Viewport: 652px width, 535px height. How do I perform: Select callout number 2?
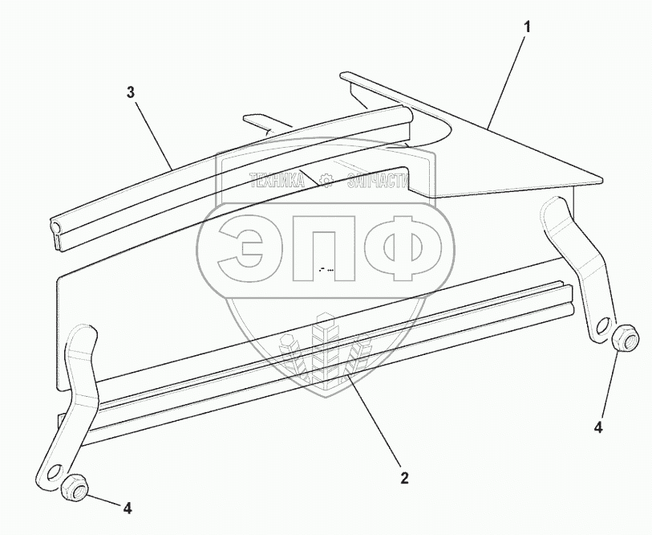click(404, 478)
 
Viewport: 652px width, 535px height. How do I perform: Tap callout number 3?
click(130, 92)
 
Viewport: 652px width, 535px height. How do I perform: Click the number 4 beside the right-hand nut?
click(597, 427)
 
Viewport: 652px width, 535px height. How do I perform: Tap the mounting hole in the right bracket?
click(602, 329)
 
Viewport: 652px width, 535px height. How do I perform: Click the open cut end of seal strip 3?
click(57, 235)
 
